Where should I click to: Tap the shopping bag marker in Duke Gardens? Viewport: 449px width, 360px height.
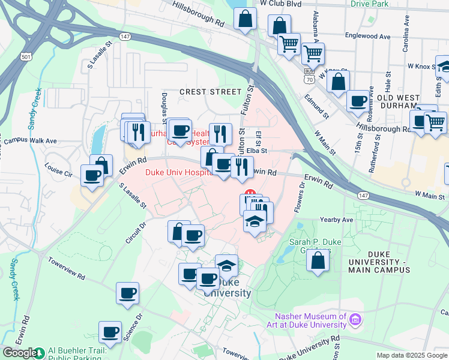[318, 261]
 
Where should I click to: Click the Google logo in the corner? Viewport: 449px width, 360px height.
[19, 353]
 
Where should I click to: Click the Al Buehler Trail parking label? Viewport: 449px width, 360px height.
[78, 353]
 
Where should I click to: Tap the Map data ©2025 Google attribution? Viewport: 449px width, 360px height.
[411, 355]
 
